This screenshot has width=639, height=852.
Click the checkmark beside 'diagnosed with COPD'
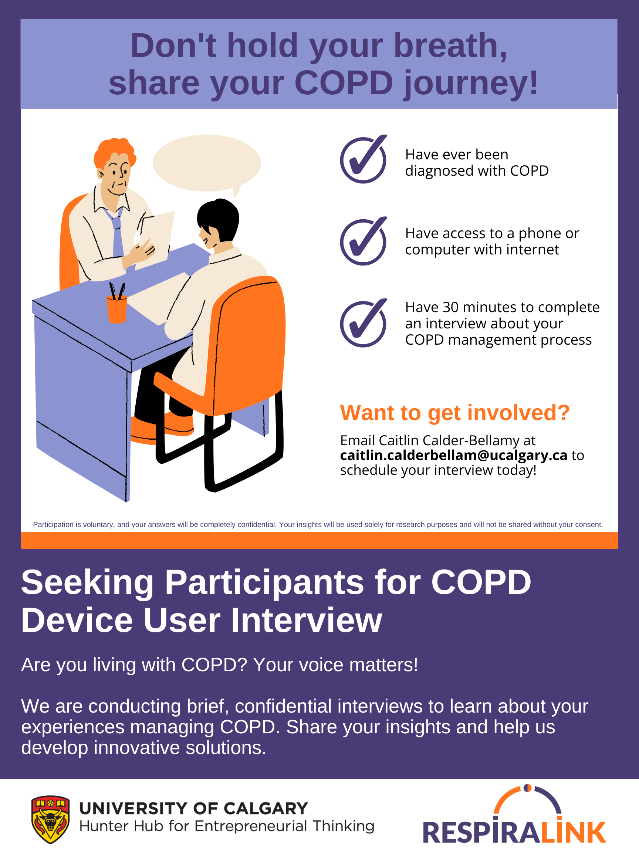coord(363,159)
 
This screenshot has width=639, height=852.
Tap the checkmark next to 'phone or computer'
coord(363,241)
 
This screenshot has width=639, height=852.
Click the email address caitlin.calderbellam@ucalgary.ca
coord(453,455)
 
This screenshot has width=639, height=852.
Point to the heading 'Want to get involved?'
coord(454,413)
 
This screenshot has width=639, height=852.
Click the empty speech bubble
coord(207,165)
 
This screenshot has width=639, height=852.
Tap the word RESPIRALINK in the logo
coord(515,832)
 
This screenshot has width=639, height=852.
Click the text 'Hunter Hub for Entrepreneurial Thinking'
coord(227,826)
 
